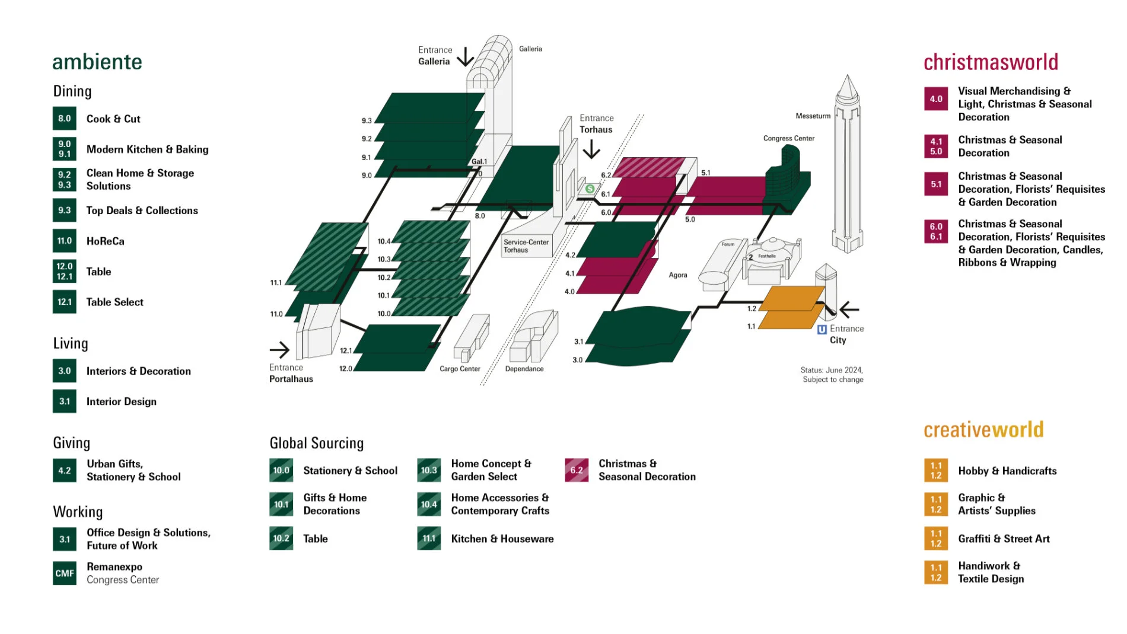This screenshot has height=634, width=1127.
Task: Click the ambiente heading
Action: click(97, 62)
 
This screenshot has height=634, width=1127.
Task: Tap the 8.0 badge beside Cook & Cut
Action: click(64, 119)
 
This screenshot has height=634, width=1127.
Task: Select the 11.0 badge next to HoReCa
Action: click(64, 241)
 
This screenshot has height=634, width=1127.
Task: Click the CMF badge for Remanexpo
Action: click(64, 573)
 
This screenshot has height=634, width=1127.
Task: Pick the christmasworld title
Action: click(991, 62)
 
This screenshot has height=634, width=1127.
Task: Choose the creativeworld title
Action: click(983, 429)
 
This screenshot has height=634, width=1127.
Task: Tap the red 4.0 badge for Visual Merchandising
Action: click(935, 99)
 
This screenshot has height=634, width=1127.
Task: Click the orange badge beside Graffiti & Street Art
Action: click(935, 539)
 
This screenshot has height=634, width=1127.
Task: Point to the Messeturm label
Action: click(813, 116)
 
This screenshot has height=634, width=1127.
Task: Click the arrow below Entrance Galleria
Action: click(466, 57)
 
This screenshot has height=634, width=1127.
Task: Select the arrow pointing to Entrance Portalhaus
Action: click(280, 349)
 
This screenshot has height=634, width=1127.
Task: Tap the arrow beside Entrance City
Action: click(849, 310)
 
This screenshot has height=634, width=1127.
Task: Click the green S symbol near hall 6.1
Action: click(590, 189)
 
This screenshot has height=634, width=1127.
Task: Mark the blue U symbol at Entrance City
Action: click(822, 330)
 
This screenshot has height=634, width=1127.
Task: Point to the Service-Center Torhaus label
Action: click(526, 246)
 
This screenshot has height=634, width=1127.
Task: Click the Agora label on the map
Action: click(678, 275)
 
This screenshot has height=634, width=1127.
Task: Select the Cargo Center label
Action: click(460, 369)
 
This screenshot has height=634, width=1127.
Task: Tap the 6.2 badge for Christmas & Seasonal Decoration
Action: click(576, 470)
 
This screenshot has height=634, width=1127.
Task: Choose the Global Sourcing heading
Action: click(316, 443)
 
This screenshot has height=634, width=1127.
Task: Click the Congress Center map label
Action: click(788, 138)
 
